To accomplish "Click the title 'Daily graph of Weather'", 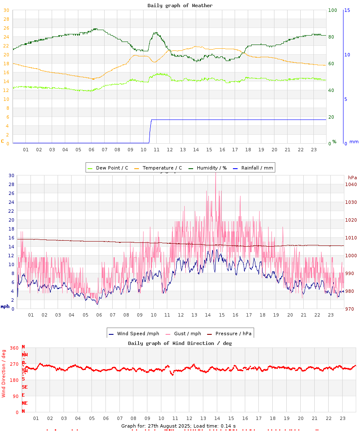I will tap(180, 6).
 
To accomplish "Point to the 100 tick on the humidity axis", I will tap(332, 10).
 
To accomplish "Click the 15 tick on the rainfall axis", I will tap(347, 10).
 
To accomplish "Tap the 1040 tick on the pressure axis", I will tap(351, 184).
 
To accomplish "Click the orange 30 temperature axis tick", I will tap(6, 10).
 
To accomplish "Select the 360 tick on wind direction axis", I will tap(14, 348).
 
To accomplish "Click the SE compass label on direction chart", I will tap(25, 387).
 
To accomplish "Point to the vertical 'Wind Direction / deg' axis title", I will tap(4, 373).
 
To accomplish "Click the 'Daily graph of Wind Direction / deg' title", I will tap(180, 343).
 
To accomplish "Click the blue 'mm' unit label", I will tap(354, 142).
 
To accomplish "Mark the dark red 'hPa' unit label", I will tap(352, 177).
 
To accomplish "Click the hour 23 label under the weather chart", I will tap(314, 150).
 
